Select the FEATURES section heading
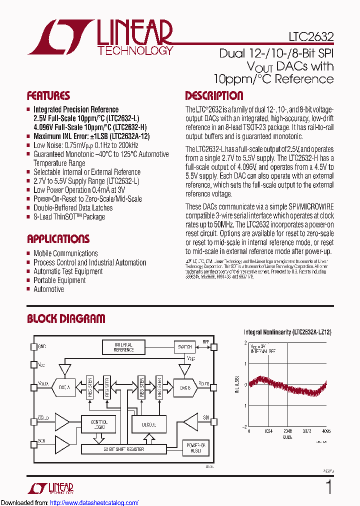(x=48, y=96)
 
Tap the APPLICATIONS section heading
(x=58, y=239)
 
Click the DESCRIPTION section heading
(x=214, y=96)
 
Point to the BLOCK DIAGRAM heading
(x=66, y=318)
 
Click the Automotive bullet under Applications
(x=48, y=289)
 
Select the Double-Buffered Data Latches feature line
(x=73, y=208)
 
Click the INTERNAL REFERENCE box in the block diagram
(x=123, y=347)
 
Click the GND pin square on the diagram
(x=34, y=346)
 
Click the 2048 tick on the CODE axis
(x=287, y=431)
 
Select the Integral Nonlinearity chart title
(x=287, y=332)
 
